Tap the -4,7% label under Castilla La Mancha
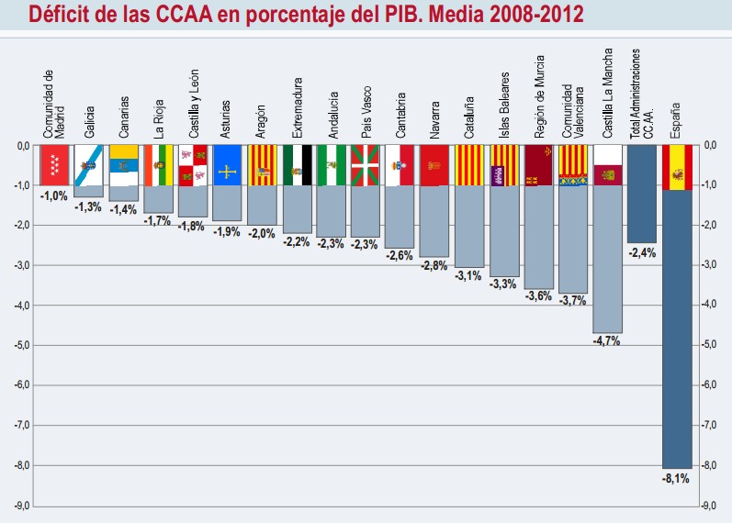607,340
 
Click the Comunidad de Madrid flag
56,165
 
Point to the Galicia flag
89,165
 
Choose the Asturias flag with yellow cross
228,165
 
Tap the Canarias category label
124,117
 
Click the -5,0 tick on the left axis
20,345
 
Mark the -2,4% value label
642,252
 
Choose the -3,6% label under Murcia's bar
538,296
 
